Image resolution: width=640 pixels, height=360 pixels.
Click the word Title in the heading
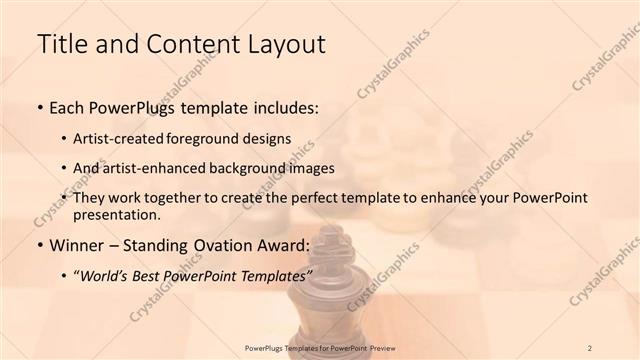(x=61, y=44)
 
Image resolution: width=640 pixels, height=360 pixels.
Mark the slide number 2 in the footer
(x=590, y=347)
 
